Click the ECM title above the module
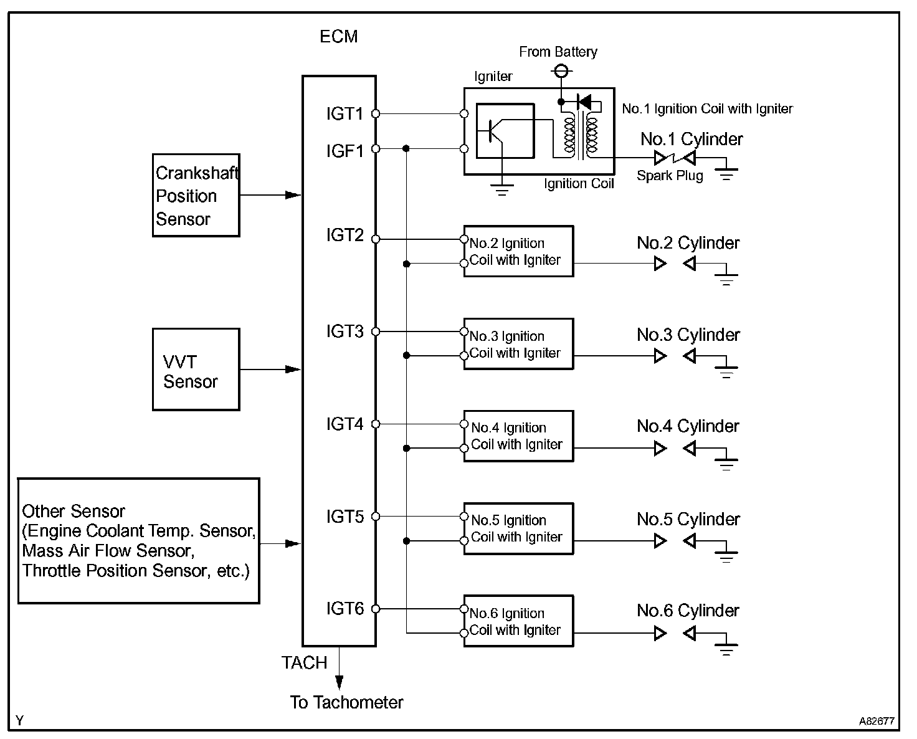339,36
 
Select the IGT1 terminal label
344,114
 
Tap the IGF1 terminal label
344,151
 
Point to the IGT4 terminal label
344,424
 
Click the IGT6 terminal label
344,608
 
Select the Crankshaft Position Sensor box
196,196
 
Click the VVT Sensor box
196,369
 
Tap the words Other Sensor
74,512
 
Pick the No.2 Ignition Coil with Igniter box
518,251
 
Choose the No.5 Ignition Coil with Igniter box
518,528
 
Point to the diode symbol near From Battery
584,101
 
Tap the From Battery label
558,52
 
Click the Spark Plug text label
670,176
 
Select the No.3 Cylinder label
688,335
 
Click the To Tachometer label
346,703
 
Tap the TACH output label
304,663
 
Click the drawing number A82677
877,722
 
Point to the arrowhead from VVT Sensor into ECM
293,369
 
